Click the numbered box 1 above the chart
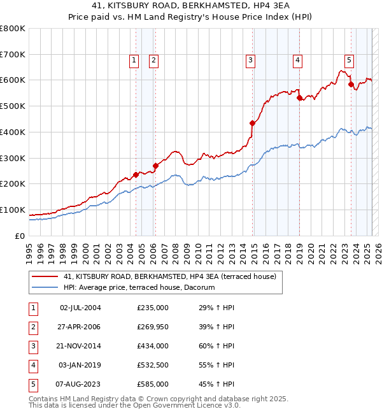pyautogui.click(x=134, y=61)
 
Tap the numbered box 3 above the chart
pyautogui.click(x=251, y=61)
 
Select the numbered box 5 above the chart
pyautogui.click(x=350, y=61)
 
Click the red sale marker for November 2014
pyautogui.click(x=252, y=123)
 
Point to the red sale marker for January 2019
pyautogui.click(x=299, y=97)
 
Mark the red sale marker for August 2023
pyautogui.click(x=351, y=84)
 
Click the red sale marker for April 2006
pyautogui.click(x=155, y=166)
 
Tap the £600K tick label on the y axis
pyautogui.click(x=12, y=80)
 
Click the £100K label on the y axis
pyautogui.click(x=12, y=210)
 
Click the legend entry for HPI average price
pyautogui.click(x=139, y=288)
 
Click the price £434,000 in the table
pyautogui.click(x=153, y=346)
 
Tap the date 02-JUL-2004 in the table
pyautogui.click(x=80, y=308)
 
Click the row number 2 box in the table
pyautogui.click(x=32, y=327)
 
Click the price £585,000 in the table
pyautogui.click(x=153, y=384)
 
